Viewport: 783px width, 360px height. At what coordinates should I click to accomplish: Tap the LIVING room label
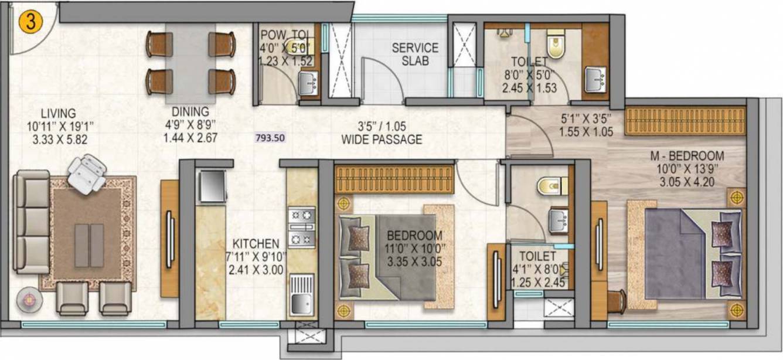59,113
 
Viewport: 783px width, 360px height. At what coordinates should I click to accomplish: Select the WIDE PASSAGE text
382,140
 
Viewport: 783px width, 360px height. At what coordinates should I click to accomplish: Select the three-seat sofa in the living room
31,222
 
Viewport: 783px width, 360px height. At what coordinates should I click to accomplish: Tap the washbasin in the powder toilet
307,83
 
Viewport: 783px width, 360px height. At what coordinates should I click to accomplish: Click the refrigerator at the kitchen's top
212,186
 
